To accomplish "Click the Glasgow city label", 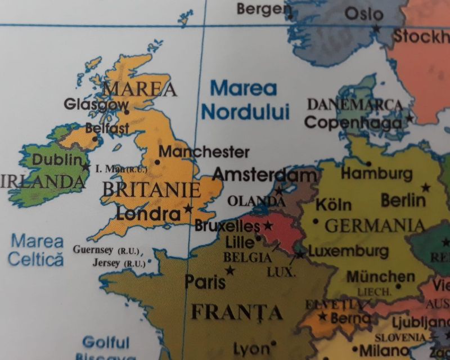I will pyautogui.click(x=96, y=105).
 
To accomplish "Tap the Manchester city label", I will pyautogui.click(x=204, y=152).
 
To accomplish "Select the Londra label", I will pyautogui.click(x=148, y=214).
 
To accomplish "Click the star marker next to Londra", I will pyautogui.click(x=188, y=209).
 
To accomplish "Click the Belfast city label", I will pyautogui.click(x=107, y=129).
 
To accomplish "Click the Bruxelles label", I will pyautogui.click(x=227, y=226).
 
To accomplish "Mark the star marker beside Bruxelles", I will pyautogui.click(x=268, y=226).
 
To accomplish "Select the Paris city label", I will pyautogui.click(x=205, y=281).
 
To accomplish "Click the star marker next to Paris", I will pyautogui.click(x=230, y=271).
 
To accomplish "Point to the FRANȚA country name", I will pyautogui.click(x=236, y=311).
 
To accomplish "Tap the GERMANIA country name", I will pyautogui.click(x=375, y=226).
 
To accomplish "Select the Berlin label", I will pyautogui.click(x=403, y=200).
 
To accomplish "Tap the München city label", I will pyautogui.click(x=381, y=277).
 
